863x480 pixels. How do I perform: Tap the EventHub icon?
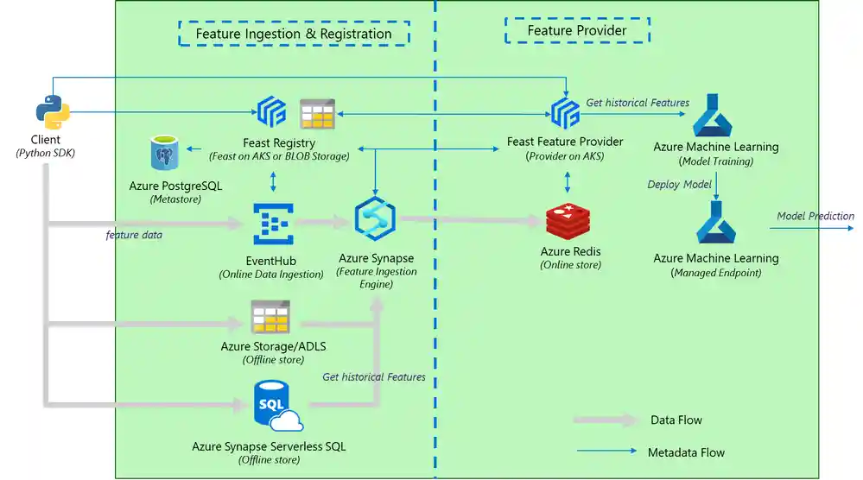pyautogui.click(x=273, y=224)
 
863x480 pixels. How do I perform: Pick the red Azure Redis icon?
pyautogui.click(x=568, y=222)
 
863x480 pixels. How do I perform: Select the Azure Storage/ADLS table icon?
pyautogui.click(x=270, y=317)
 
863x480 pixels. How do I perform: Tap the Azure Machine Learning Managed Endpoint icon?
pyautogui.click(x=715, y=223)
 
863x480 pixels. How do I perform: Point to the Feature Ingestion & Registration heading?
pyautogui.click(x=294, y=34)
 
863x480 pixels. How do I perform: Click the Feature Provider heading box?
pyautogui.click(x=576, y=30)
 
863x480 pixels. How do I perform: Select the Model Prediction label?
pyautogui.click(x=815, y=216)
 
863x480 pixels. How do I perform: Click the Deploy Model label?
pyautogui.click(x=680, y=184)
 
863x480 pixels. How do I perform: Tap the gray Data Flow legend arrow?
pyautogui.click(x=604, y=420)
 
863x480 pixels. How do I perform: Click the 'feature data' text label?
pyautogui.click(x=134, y=235)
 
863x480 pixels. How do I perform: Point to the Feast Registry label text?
pyautogui.click(x=278, y=142)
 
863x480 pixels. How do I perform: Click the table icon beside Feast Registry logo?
pyautogui.click(x=317, y=114)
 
